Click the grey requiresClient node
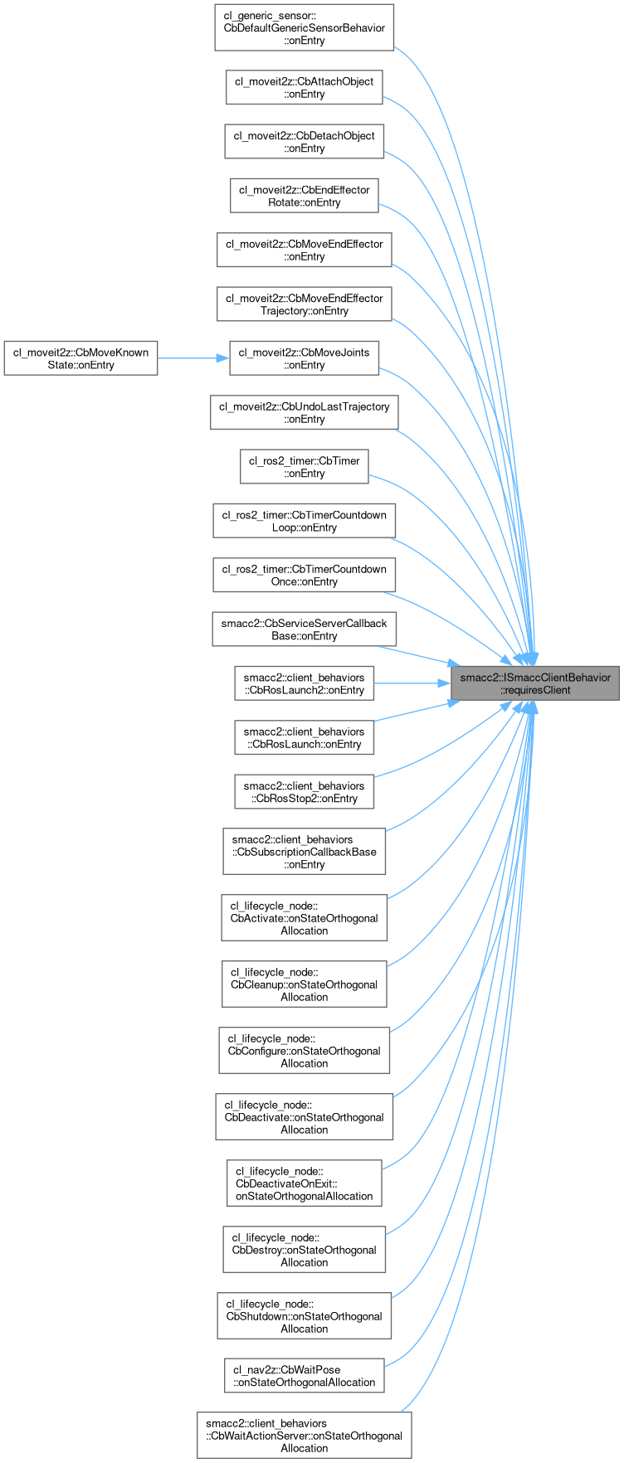click(x=534, y=683)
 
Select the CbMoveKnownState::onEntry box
click(x=80, y=358)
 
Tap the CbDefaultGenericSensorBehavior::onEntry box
click(x=305, y=27)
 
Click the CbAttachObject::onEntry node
click(x=305, y=87)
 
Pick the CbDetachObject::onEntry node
click(x=305, y=141)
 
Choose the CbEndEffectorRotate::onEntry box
click(x=305, y=196)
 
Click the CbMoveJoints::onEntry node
click(x=305, y=358)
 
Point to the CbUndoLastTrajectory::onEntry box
click(x=305, y=412)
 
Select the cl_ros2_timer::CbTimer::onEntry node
click(x=305, y=467)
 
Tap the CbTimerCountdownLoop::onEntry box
click(x=305, y=521)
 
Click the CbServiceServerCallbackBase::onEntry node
click(x=305, y=629)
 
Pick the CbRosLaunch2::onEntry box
click(x=305, y=683)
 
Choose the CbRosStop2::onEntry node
click(x=305, y=792)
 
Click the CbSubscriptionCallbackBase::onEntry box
click(x=305, y=852)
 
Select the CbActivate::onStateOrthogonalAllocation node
click(x=305, y=918)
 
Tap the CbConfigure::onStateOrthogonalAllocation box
click(x=305, y=1051)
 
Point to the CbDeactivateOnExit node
click(x=305, y=1184)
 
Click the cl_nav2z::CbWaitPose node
click(x=305, y=1376)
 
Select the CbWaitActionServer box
click(x=305, y=1436)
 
